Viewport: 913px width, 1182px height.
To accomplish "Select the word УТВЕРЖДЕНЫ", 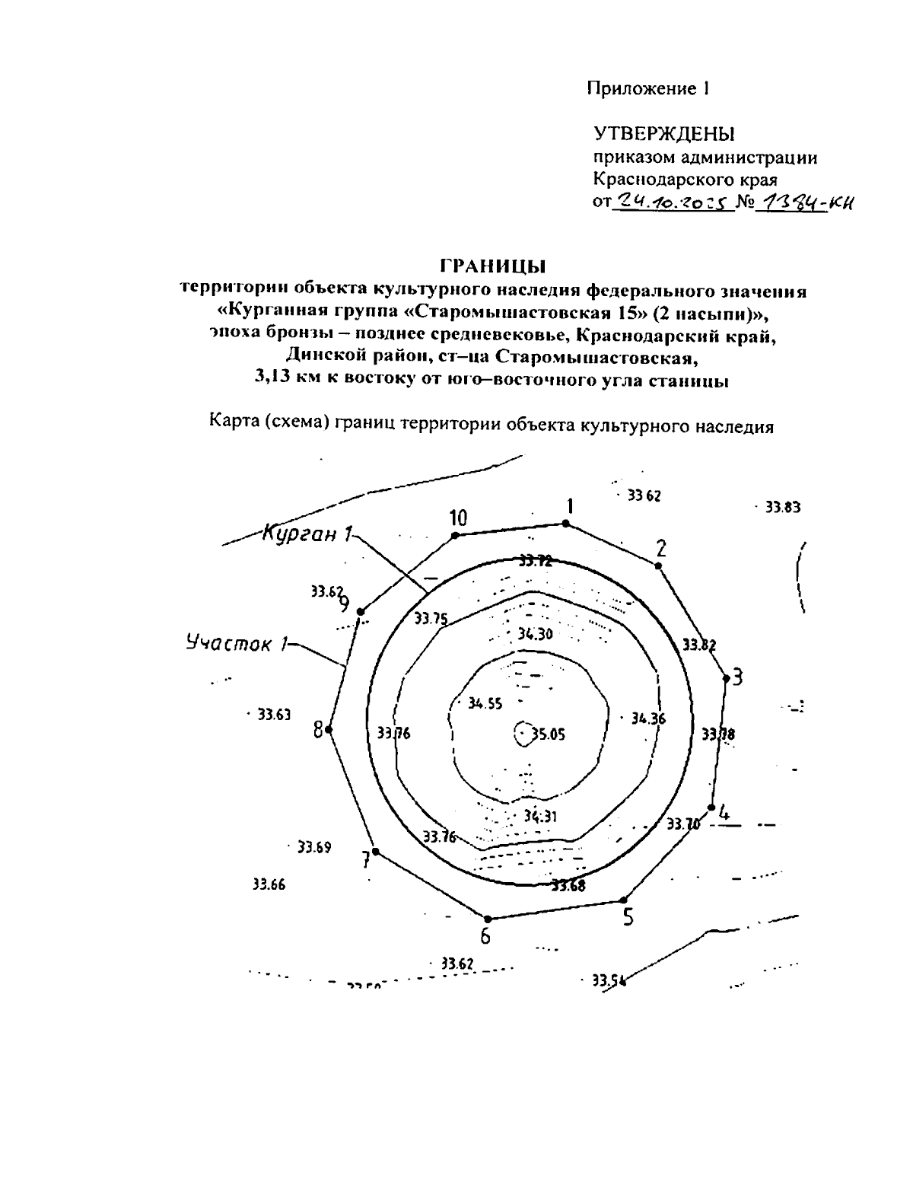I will (x=663, y=135).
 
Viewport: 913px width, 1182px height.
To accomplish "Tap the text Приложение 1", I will (x=647, y=88).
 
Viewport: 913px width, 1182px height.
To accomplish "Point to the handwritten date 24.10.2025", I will (x=672, y=201).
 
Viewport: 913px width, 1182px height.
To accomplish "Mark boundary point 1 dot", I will (x=565, y=523).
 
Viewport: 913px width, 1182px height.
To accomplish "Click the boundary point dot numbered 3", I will (x=727, y=679).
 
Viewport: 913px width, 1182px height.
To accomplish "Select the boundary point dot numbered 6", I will (x=488, y=919).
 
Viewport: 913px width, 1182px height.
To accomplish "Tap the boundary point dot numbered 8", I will (x=329, y=730).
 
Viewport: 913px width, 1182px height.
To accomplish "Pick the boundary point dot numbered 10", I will (x=456, y=535).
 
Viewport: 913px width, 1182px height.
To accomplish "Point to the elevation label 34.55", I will (x=485, y=704).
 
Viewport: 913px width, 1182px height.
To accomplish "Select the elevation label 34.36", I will (x=648, y=718).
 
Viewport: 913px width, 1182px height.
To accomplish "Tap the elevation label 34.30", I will (x=535, y=634).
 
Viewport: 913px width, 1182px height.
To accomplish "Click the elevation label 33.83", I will (x=782, y=507).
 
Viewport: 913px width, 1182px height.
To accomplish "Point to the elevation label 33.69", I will (x=313, y=847).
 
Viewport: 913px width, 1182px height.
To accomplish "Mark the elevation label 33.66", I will (x=269, y=884).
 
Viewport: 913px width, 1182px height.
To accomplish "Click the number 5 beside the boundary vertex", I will (x=628, y=918).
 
